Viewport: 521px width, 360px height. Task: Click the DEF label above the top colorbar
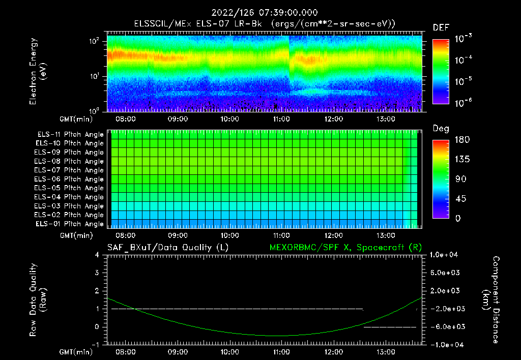coord(441,27)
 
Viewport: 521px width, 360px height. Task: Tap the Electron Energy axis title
coord(39,71)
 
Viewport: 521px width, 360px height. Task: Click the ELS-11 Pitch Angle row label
coord(69,134)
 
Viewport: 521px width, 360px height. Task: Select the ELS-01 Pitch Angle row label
coord(69,224)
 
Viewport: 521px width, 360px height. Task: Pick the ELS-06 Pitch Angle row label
coord(69,179)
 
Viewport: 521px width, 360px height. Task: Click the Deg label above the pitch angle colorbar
coord(441,129)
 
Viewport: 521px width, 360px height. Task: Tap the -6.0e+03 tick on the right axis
coord(446,326)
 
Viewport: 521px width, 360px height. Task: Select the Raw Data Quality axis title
coord(39,300)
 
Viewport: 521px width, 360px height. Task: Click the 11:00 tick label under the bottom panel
coord(281,351)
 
